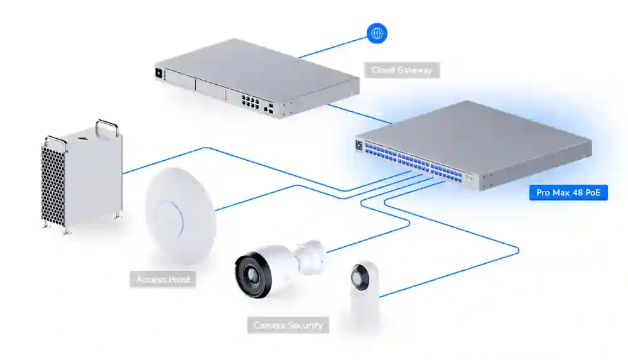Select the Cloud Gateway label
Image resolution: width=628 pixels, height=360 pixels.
(x=402, y=70)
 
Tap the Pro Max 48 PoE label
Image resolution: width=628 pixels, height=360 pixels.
(x=568, y=192)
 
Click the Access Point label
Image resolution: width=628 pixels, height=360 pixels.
(x=163, y=280)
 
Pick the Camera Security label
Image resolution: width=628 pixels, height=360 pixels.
(x=288, y=325)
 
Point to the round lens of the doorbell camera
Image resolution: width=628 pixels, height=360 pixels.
(x=360, y=274)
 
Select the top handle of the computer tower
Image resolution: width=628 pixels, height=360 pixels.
(x=106, y=125)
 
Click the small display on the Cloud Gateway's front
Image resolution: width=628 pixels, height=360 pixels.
(x=158, y=73)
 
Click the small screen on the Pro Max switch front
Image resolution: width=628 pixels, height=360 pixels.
(x=359, y=145)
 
